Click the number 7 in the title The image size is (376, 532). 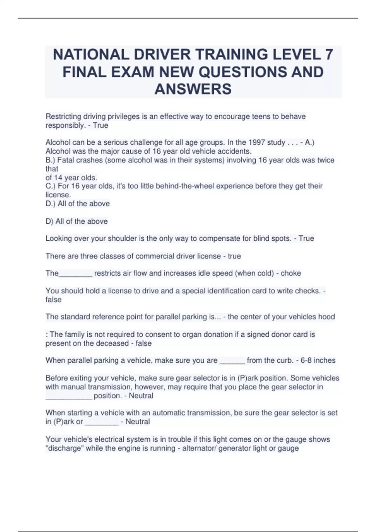click(329, 54)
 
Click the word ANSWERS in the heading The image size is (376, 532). click(193, 89)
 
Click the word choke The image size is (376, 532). click(290, 273)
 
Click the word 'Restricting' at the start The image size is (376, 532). click(63, 116)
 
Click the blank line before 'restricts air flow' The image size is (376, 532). click(76, 275)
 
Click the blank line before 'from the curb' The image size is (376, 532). click(232, 362)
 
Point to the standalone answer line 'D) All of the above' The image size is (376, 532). click(76, 221)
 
